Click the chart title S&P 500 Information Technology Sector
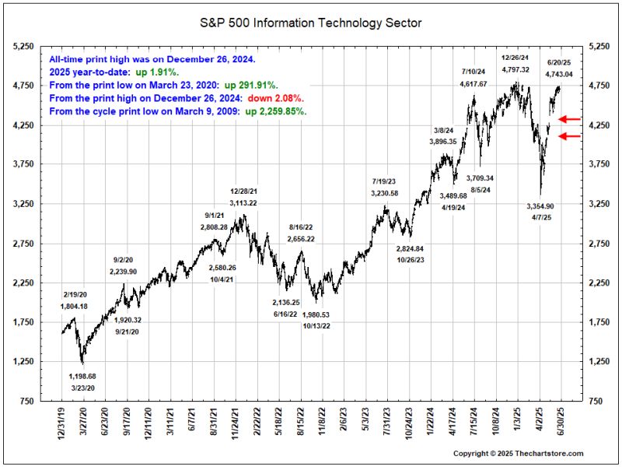coord(311,23)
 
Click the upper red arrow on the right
coord(570,119)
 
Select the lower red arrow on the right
coord(570,137)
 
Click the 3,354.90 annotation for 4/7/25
coord(540,206)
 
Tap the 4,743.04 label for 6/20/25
coord(559,74)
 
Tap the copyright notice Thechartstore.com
coord(519,454)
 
